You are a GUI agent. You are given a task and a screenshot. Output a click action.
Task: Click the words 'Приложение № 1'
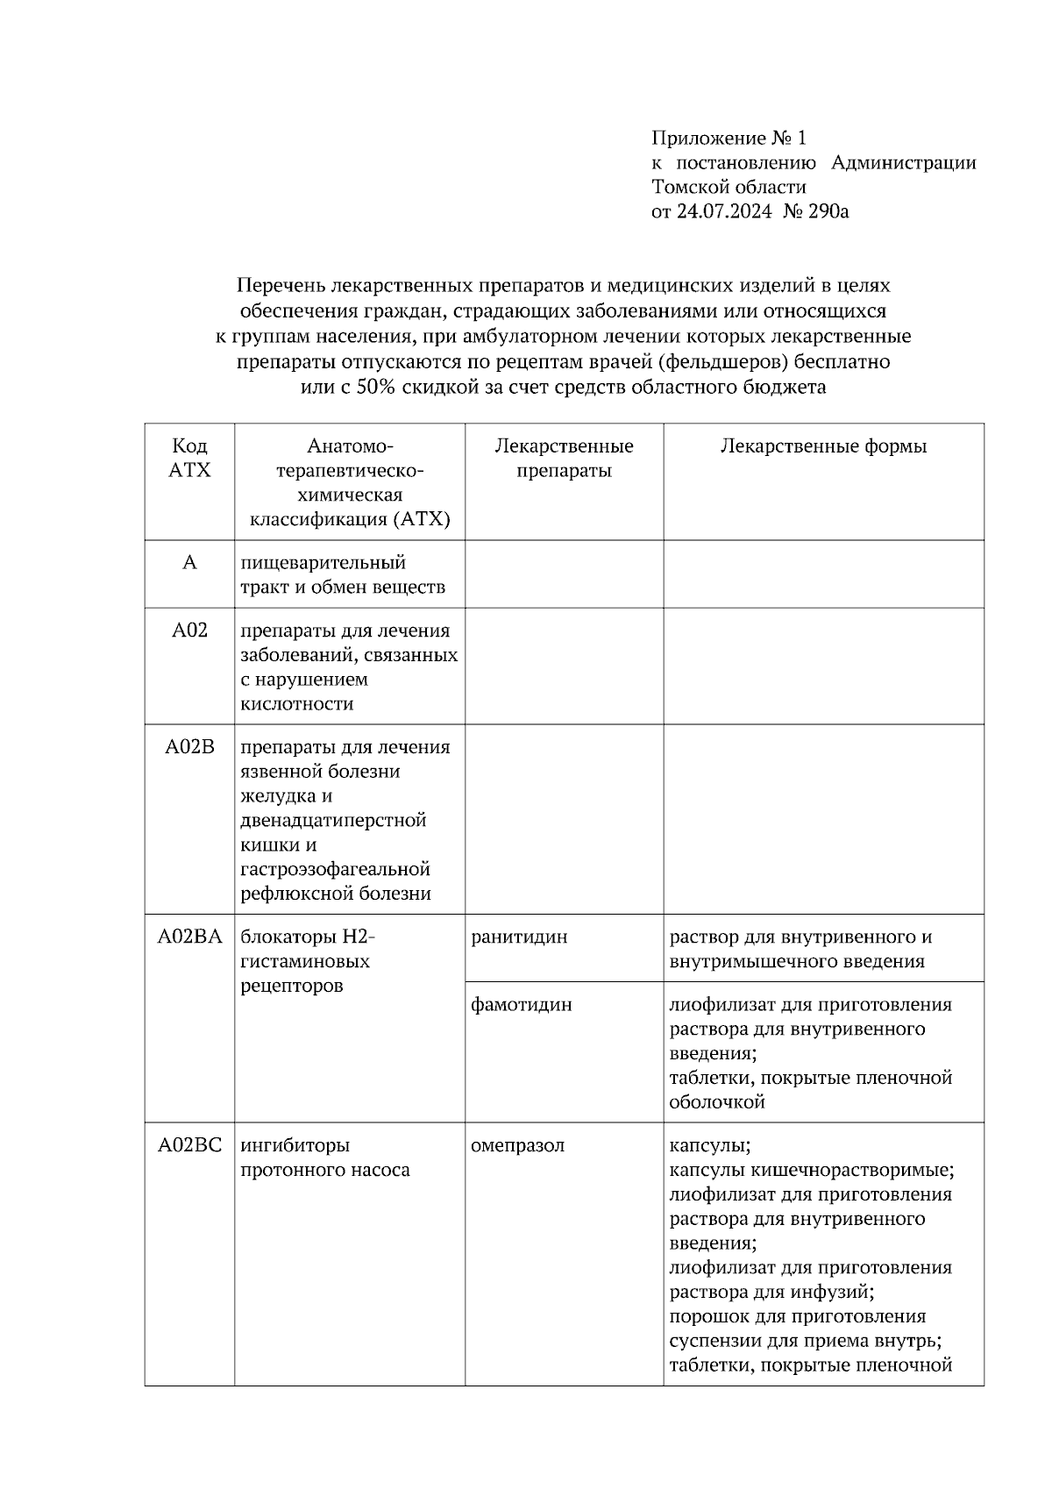pos(728,138)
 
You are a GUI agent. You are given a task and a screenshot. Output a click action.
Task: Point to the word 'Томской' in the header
pos(690,187)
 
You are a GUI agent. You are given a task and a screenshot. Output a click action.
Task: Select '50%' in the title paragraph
pos(376,387)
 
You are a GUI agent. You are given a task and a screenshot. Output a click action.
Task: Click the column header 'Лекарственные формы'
pos(823,446)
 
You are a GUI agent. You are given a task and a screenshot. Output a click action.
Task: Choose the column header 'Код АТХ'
pos(189,458)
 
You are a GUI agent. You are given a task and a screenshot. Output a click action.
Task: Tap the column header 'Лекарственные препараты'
pos(564,458)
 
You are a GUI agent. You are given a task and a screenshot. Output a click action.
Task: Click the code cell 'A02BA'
pos(189,937)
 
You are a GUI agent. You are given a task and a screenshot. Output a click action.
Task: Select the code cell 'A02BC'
pos(189,1145)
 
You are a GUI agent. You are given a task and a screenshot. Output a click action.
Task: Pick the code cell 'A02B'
pos(189,747)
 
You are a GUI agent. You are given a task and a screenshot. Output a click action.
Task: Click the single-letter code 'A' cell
pos(189,563)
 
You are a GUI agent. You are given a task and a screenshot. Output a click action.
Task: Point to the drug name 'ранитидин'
pos(519,937)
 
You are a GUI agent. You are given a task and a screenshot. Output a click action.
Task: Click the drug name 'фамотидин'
pos(521,1005)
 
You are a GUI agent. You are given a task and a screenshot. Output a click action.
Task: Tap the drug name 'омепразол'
pos(517,1145)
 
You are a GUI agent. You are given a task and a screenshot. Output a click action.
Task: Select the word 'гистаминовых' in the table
pos(305,961)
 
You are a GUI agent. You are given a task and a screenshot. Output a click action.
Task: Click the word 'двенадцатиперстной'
pos(333,821)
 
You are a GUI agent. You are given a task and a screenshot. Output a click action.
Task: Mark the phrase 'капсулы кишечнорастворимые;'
pos(811,1170)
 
